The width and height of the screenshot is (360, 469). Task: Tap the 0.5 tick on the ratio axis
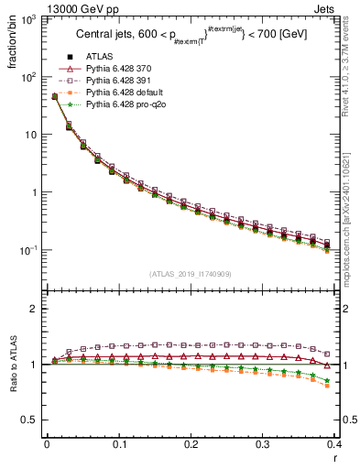tap(31, 420)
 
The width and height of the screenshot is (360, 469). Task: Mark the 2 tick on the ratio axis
tap(36, 309)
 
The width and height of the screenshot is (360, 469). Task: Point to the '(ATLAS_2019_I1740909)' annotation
tap(191, 274)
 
